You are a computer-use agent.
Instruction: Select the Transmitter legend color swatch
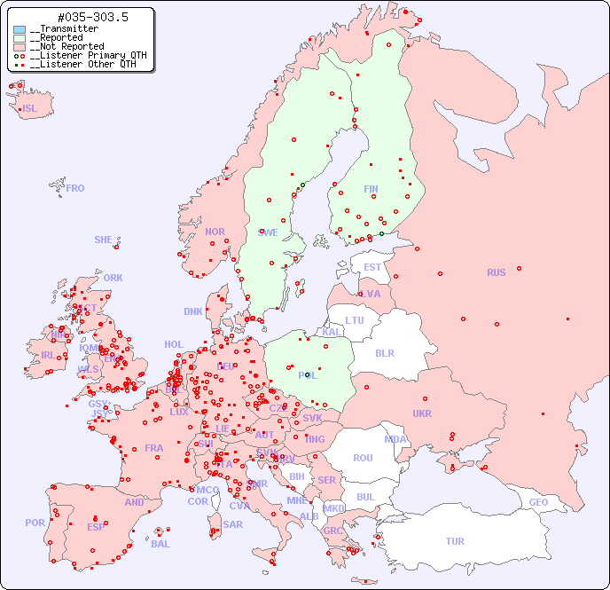pos(20,29)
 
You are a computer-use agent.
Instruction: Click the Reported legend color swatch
pos(20,38)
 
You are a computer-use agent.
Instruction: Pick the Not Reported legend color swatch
pos(20,47)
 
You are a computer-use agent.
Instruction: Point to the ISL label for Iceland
pos(30,109)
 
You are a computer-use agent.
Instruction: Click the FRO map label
pos(75,188)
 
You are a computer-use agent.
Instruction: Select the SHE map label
pos(103,240)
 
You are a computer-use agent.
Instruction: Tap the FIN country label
pos(371,189)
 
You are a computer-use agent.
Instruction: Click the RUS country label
pos(496,272)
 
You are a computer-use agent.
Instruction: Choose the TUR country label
pos(455,541)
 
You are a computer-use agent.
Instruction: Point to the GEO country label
pos(538,502)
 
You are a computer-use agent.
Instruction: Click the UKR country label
pos(422,413)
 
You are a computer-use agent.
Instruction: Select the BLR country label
pos(384,352)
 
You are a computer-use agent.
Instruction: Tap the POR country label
pos(35,523)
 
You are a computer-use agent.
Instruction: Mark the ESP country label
pos(96,526)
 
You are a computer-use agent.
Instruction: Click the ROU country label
pos(363,458)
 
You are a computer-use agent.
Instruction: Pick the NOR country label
pos(215,232)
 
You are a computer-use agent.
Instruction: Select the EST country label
pos(372,267)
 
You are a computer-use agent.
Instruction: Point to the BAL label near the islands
pos(160,544)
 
